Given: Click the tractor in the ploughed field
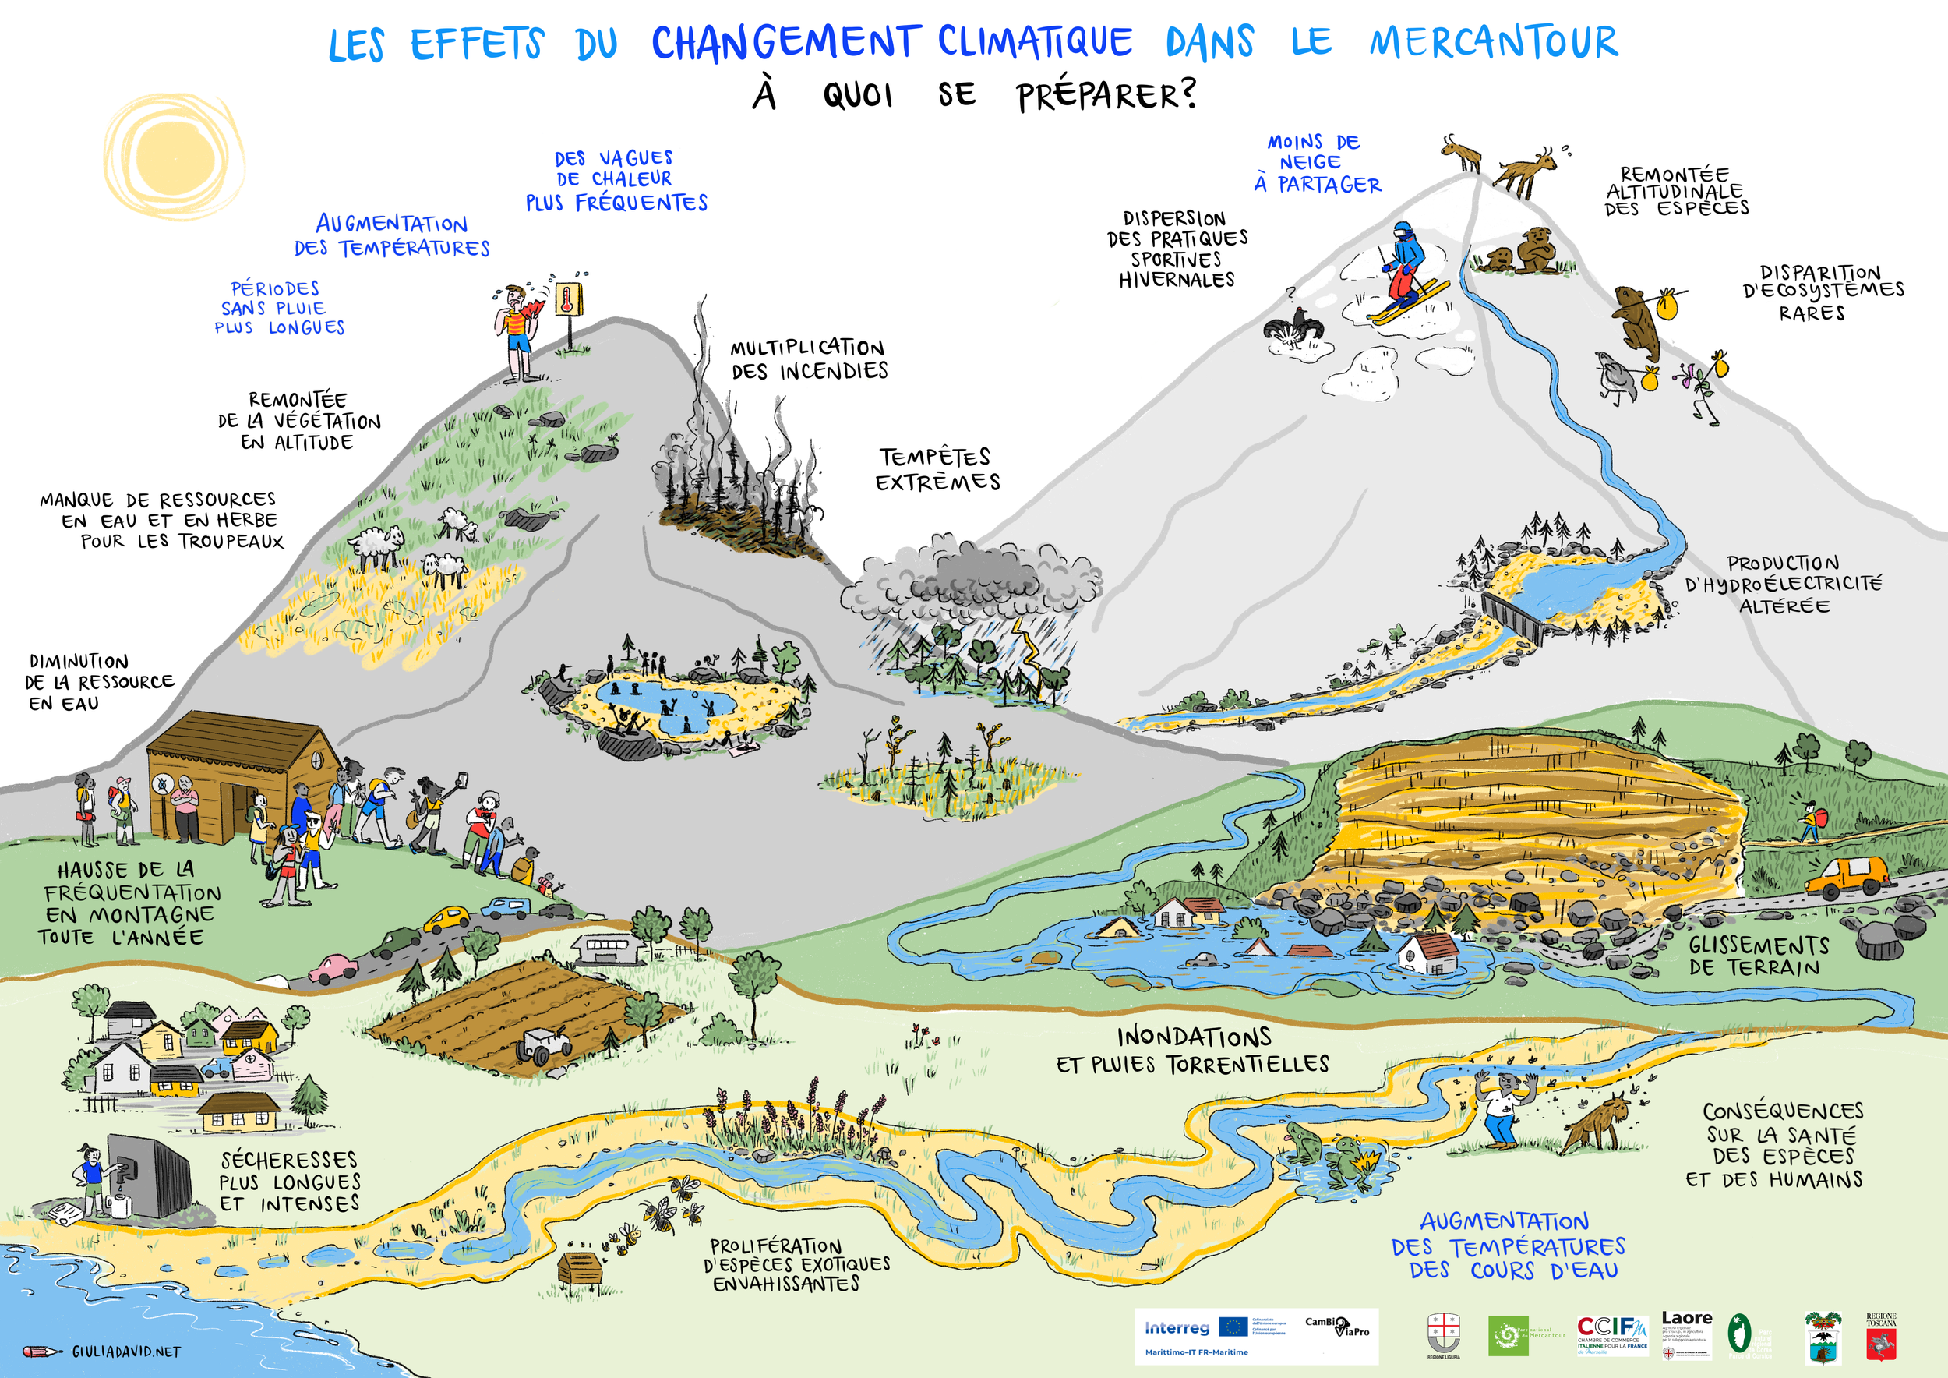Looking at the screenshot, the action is coord(544,1044).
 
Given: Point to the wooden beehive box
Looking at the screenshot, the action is coord(580,1269).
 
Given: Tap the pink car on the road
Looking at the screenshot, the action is coord(333,968).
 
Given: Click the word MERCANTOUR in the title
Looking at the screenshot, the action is coord(1493,42).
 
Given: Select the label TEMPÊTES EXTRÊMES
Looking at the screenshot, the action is coord(937,469).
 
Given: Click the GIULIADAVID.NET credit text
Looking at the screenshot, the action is coord(125,1351).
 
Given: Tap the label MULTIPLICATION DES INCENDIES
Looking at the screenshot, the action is coord(810,360).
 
